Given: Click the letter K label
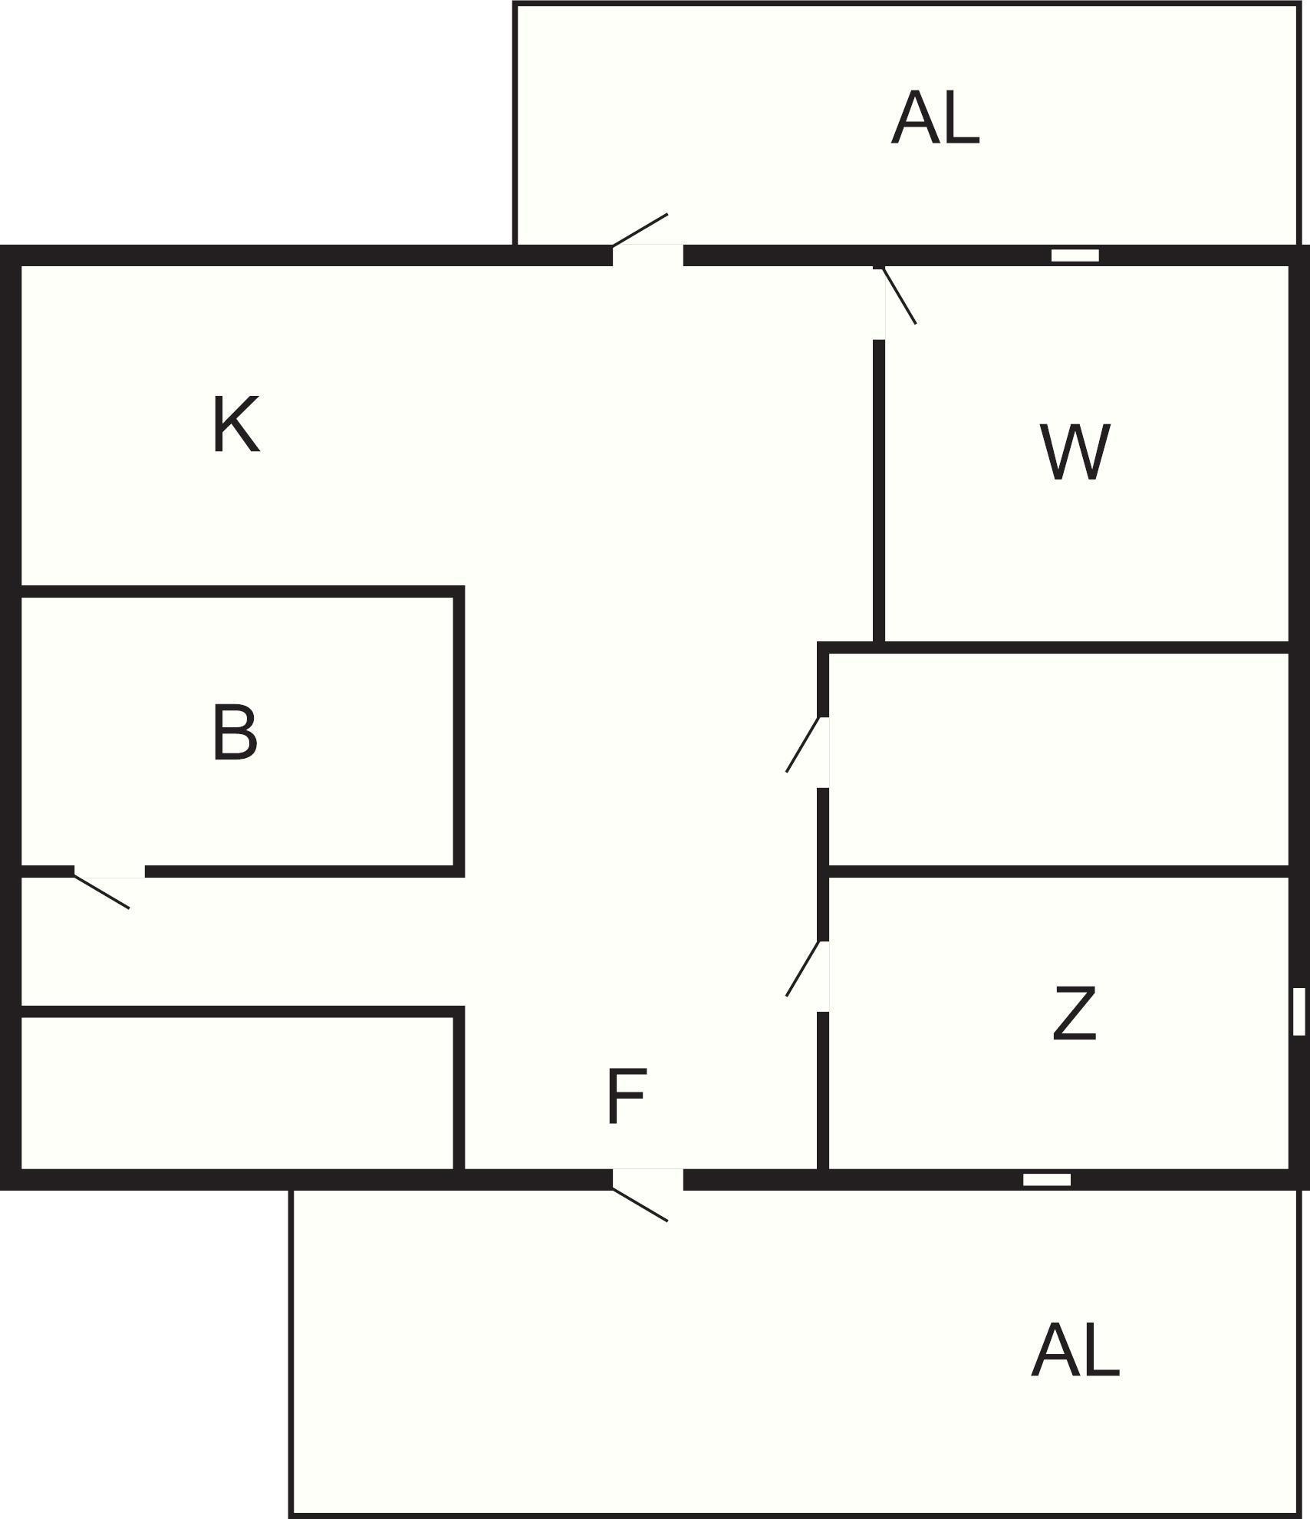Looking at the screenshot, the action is pyautogui.click(x=236, y=424).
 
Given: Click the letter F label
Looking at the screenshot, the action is pyautogui.click(x=627, y=1097).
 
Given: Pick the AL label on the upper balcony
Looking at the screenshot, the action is pyautogui.click(x=935, y=118).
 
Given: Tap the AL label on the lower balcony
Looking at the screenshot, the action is pyautogui.click(x=1075, y=1351).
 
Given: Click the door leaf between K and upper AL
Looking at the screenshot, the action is pyautogui.click(x=640, y=230).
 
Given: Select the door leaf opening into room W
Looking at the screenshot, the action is pyautogui.click(x=899, y=295).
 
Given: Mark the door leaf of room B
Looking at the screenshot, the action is pyautogui.click(x=101, y=891).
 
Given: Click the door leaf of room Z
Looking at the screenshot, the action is pyautogui.click(x=805, y=968).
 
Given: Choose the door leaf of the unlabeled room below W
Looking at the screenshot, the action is pyautogui.click(x=805, y=744).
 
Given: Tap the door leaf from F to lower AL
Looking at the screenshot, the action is pyautogui.click(x=640, y=1204).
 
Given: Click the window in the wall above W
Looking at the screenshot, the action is pyautogui.click(x=1075, y=255).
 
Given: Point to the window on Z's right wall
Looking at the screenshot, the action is pyautogui.click(x=1298, y=1012).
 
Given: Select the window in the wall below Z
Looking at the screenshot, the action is pyautogui.click(x=1047, y=1179).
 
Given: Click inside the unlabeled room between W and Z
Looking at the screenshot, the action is pyautogui.click(x=1058, y=759).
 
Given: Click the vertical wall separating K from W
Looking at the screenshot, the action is pyautogui.click(x=879, y=491).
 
